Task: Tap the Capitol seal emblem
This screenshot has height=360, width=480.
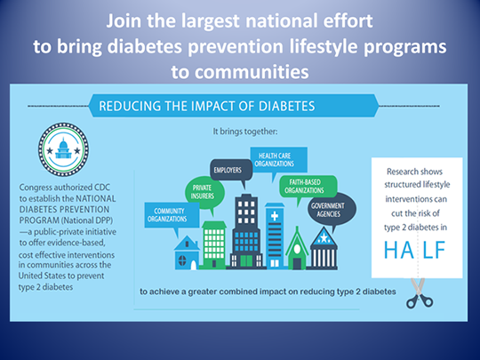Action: [x=63, y=149]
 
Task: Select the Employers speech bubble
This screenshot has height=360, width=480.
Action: [x=231, y=170]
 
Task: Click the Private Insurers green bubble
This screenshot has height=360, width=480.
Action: [x=204, y=193]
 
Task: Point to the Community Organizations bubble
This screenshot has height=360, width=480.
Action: [x=172, y=215]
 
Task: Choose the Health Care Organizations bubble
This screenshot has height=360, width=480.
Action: [x=278, y=160]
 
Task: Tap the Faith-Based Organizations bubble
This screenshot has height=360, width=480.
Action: [x=308, y=187]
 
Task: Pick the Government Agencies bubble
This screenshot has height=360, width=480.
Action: [x=332, y=210]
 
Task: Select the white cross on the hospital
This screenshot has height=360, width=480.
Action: [x=275, y=216]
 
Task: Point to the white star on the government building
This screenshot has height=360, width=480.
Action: [x=324, y=237]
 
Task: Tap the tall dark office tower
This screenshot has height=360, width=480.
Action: [x=246, y=232]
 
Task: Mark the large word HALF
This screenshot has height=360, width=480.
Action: [x=414, y=250]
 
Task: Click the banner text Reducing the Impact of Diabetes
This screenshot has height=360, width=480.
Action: [x=206, y=106]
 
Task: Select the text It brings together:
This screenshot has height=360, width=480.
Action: [x=245, y=132]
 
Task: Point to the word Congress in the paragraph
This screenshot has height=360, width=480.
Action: [x=36, y=188]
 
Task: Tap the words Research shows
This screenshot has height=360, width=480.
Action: [x=414, y=172]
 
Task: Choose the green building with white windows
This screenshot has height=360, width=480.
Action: [x=214, y=245]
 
